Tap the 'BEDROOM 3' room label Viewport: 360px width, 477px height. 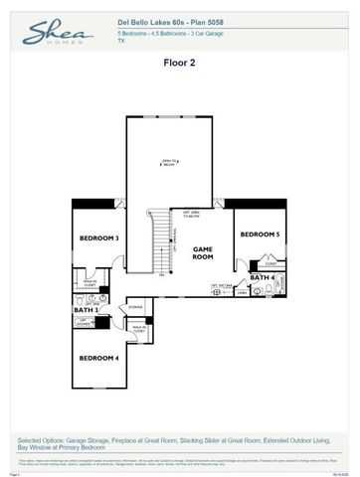point(99,238)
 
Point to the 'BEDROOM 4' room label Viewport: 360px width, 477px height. point(99,357)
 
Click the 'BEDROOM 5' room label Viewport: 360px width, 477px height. point(260,234)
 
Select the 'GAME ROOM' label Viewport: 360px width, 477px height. point(203,252)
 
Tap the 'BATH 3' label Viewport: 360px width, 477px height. point(86,310)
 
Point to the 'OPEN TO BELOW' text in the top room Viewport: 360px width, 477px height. point(170,164)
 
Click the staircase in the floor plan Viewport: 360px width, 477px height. point(160,243)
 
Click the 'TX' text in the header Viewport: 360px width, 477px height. point(120,42)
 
